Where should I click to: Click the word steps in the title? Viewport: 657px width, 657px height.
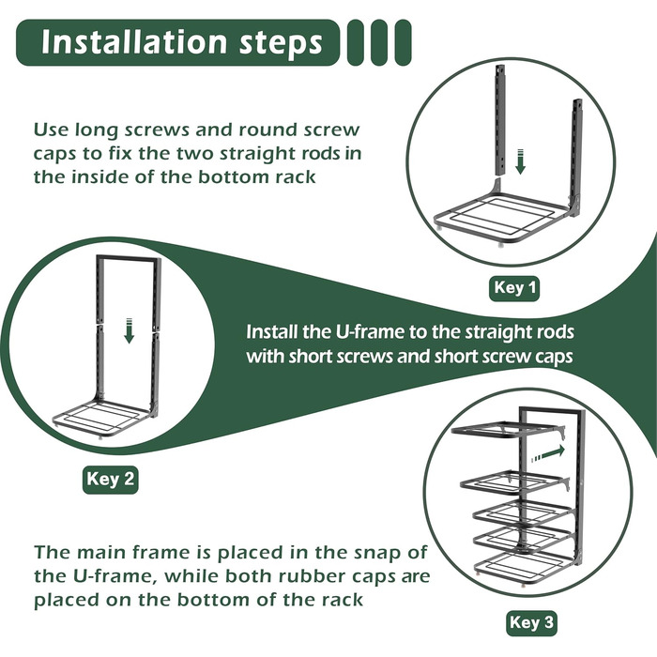[x=281, y=43]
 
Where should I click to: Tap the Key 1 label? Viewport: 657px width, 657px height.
[x=514, y=288]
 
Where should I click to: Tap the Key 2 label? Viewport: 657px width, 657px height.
[x=110, y=479]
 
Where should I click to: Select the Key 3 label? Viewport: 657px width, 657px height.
[x=531, y=622]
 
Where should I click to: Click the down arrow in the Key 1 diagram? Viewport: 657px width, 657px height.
[x=520, y=161]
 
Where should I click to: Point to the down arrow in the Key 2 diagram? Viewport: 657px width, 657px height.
[x=130, y=331]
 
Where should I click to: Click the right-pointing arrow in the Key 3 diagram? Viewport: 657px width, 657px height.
[x=549, y=453]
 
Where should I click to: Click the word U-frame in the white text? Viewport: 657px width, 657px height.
[x=369, y=332]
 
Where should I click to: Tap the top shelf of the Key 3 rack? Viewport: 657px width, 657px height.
[x=509, y=431]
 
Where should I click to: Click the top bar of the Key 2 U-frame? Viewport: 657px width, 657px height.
[x=129, y=258]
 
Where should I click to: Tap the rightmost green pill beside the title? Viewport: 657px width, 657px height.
[x=402, y=42]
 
